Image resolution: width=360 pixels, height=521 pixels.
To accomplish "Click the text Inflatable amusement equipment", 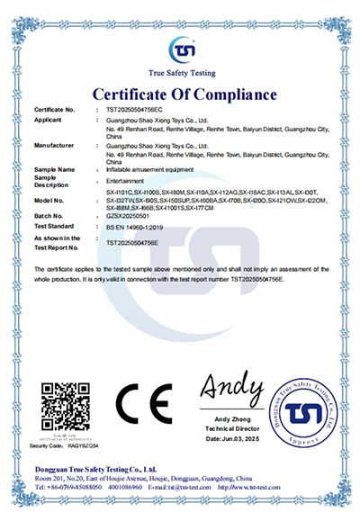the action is coord(149,169).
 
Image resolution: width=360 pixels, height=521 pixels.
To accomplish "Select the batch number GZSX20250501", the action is coord(128,216).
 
